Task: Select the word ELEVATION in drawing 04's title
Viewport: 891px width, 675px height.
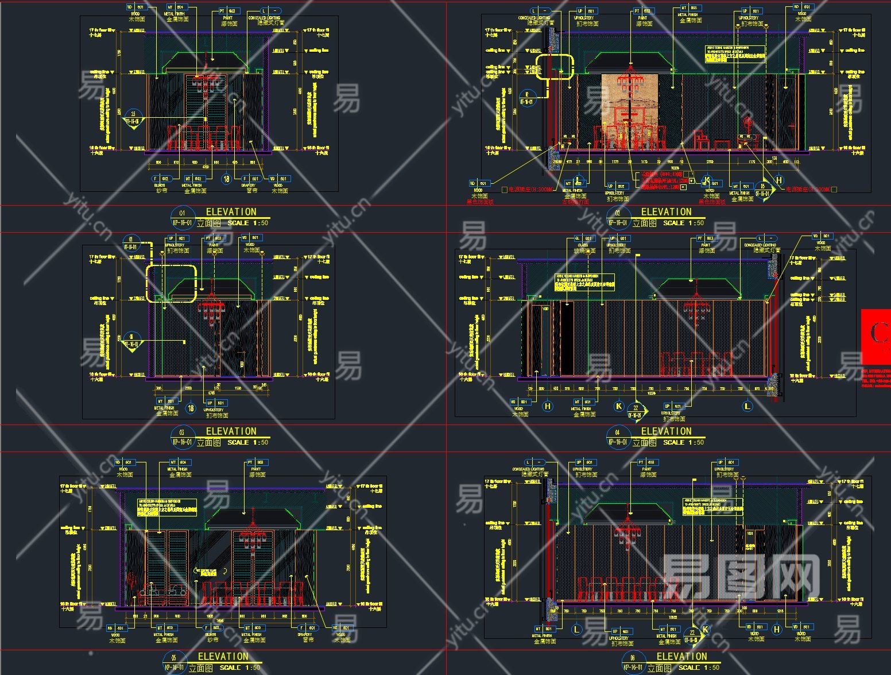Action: pos(666,431)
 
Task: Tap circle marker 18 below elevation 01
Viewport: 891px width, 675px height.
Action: pos(226,179)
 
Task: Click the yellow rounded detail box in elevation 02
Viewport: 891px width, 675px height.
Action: pos(555,67)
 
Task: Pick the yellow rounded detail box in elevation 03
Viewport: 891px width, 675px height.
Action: pos(171,283)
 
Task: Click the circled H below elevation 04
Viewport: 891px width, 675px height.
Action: pos(548,406)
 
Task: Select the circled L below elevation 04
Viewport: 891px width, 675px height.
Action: pos(747,406)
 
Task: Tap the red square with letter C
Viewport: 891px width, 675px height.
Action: pos(877,336)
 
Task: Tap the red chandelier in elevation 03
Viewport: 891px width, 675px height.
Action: pos(210,310)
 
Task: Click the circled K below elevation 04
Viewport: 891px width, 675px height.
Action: pos(619,406)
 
